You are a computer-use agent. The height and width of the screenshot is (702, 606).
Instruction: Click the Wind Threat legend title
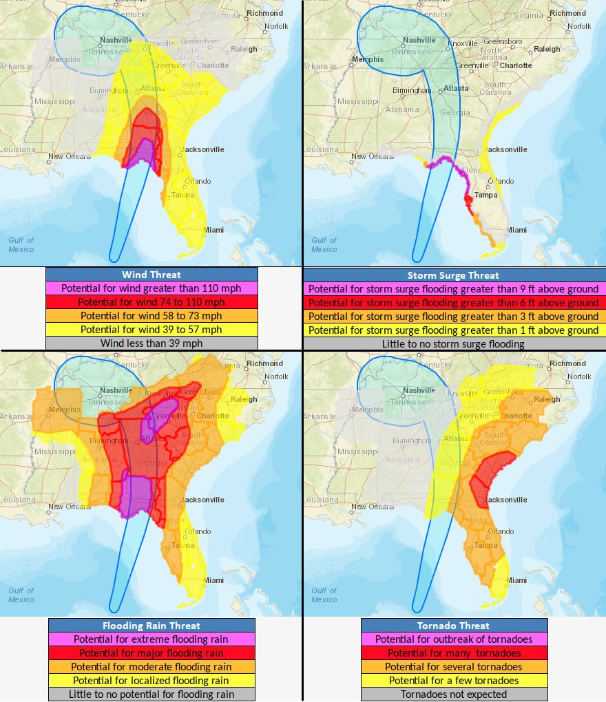point(151,275)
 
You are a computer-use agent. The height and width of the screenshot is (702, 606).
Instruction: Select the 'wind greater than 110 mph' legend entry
point(151,288)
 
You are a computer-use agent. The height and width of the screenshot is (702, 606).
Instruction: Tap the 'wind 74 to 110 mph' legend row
point(151,302)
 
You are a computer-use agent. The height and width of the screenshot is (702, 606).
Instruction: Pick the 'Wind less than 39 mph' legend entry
point(151,343)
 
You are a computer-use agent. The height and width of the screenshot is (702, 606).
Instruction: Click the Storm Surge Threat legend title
point(453,275)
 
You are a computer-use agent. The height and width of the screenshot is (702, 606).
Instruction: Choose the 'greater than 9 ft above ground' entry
point(453,289)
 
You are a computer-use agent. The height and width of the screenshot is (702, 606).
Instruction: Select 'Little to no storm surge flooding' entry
point(453,343)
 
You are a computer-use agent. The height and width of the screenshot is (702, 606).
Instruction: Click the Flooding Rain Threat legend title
point(151,626)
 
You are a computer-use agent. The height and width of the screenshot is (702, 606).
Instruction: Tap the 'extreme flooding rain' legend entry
point(151,639)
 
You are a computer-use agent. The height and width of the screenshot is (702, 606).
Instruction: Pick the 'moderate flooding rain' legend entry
point(151,667)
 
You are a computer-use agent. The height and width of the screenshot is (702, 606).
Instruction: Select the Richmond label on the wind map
point(265,13)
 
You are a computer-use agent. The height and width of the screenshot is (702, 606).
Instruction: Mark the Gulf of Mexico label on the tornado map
point(324,595)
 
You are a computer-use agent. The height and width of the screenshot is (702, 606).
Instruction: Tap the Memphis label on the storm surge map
point(367,59)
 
